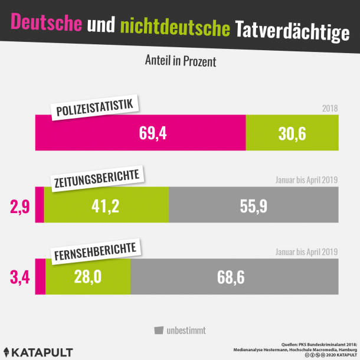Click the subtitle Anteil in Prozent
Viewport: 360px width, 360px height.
[180, 61]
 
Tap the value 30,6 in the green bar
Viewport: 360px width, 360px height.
[292, 133]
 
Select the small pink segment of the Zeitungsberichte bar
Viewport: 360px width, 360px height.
[40, 205]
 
